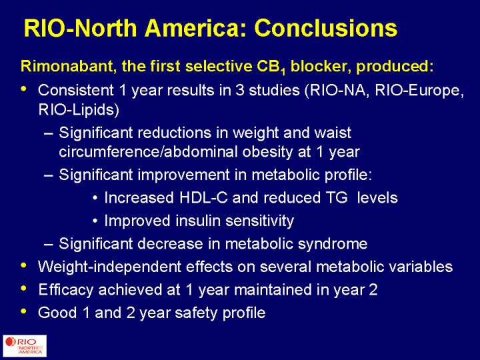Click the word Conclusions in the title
click(x=326, y=28)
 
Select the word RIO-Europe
click(x=419, y=91)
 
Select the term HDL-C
click(x=203, y=198)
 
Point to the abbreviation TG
click(x=334, y=198)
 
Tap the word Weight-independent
click(x=109, y=267)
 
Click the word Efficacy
click(x=66, y=290)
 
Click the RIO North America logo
click(x=25, y=346)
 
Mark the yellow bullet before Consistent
click(x=23, y=89)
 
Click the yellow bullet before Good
click(x=23, y=311)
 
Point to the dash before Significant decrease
click(x=49, y=244)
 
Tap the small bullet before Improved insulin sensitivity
click(x=95, y=221)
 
